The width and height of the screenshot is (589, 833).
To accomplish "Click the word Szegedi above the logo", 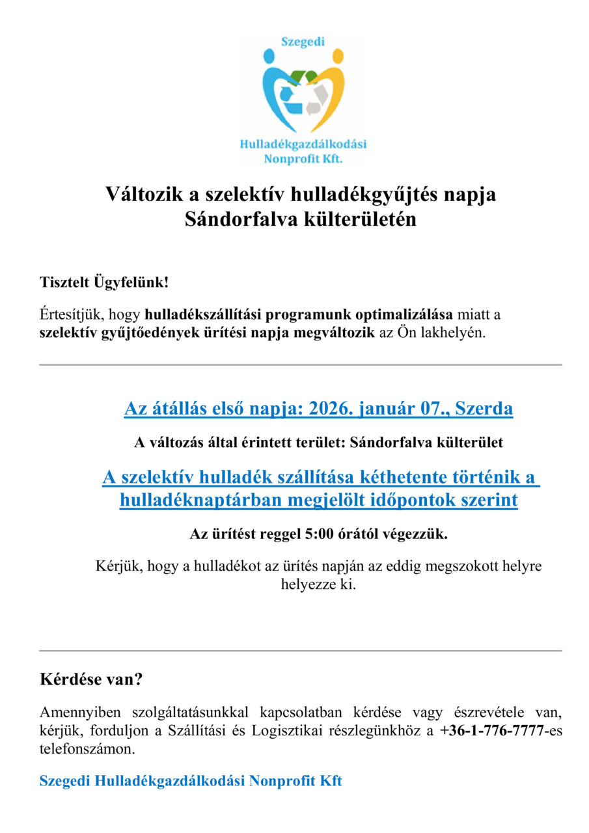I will tap(302, 42).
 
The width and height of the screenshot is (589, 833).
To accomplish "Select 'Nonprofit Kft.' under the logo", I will tap(303, 158).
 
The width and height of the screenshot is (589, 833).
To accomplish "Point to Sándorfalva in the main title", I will tap(241, 219).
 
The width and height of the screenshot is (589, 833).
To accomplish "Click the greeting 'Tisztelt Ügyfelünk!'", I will tap(103, 283).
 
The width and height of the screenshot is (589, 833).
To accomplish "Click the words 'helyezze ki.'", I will tap(318, 584).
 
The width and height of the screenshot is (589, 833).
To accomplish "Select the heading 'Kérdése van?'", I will tap(91, 680).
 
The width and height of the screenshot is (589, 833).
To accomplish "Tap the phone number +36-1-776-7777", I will tap(491, 731).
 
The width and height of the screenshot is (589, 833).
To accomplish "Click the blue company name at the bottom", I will tap(191, 781).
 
